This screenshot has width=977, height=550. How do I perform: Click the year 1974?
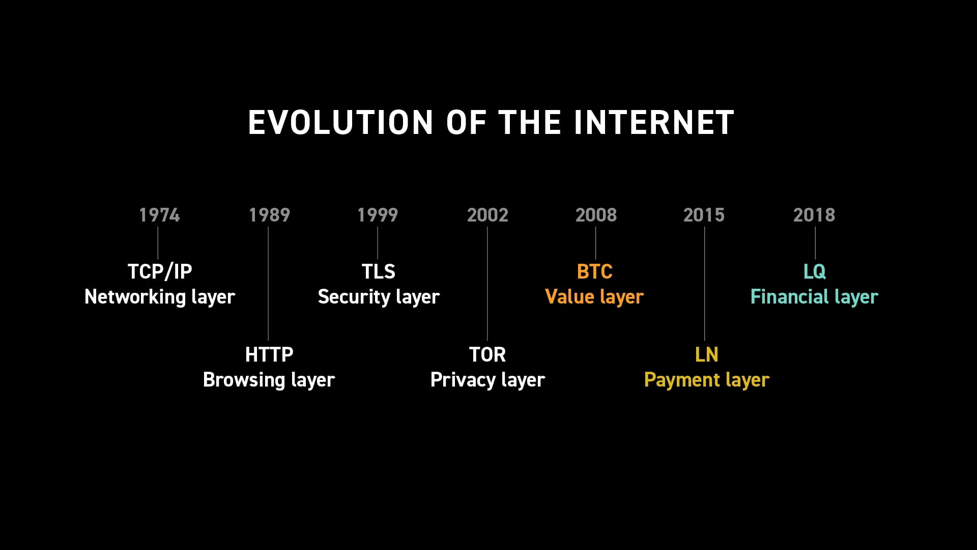tap(159, 215)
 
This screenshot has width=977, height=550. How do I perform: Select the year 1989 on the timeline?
tap(269, 215)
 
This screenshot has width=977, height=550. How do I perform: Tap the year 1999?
tap(378, 215)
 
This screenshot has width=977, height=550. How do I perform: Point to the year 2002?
tap(487, 215)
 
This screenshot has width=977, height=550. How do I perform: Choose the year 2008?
tap(596, 215)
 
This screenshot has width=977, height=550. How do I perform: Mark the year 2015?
tap(704, 215)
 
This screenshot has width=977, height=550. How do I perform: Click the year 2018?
tap(814, 215)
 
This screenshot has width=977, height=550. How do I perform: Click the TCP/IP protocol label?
tap(160, 271)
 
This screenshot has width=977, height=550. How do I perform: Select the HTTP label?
tap(269, 354)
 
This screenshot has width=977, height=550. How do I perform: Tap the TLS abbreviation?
tap(378, 271)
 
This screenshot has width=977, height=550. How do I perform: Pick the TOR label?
tap(487, 354)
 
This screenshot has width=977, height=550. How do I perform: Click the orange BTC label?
tap(595, 271)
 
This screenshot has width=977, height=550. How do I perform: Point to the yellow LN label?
tap(706, 354)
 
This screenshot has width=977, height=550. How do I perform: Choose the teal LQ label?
tap(815, 271)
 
